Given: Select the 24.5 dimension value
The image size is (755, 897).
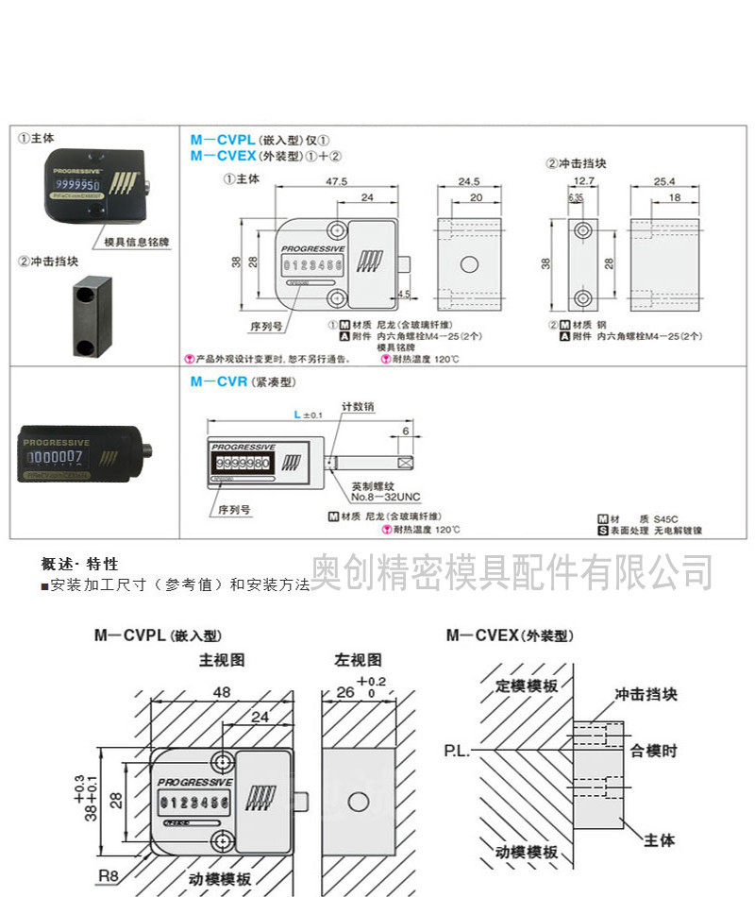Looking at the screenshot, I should (470, 179).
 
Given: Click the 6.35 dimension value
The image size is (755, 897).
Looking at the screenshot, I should (575, 197).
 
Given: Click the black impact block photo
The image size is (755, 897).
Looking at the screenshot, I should (90, 315).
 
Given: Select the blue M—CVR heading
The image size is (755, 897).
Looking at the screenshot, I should (219, 382).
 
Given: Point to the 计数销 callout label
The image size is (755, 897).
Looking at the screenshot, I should (358, 406).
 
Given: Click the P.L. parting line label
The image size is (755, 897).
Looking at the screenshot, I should (458, 752).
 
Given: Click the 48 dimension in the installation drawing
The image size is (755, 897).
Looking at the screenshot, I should (222, 691).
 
